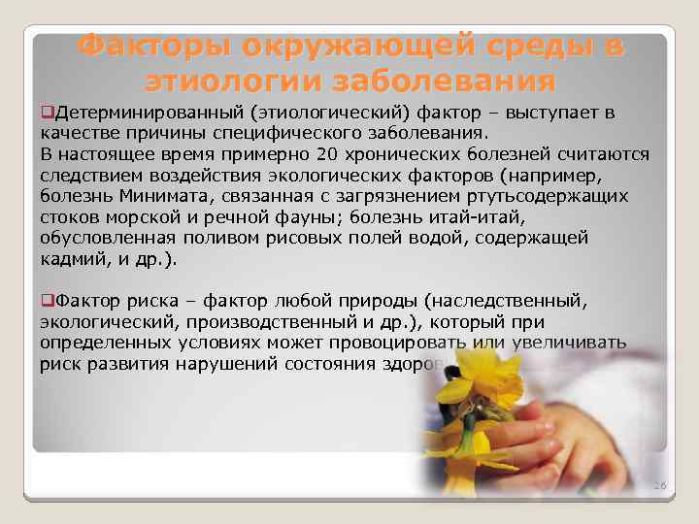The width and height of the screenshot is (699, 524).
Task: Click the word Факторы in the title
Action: pyautogui.click(x=156, y=46)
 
